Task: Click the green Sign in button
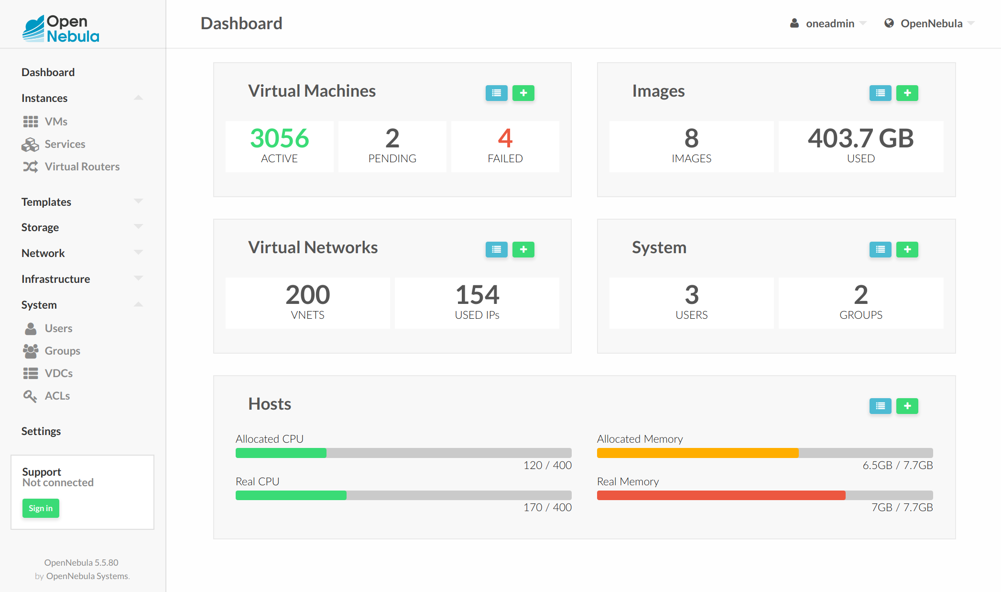point(41,508)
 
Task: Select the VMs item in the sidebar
point(55,122)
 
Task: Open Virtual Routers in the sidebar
point(82,167)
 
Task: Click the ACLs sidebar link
point(57,396)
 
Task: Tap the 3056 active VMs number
point(280,138)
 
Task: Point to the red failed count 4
point(505,138)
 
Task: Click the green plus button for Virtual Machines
point(523,93)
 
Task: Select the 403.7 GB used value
point(860,138)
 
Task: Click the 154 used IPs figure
point(477,295)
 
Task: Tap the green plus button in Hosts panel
point(907,406)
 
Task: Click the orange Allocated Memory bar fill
point(697,453)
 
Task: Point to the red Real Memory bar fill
point(721,495)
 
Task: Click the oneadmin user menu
point(829,23)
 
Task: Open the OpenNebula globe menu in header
point(930,23)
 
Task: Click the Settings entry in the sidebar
point(41,431)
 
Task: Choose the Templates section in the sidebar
point(46,202)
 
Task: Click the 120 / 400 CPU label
point(547,465)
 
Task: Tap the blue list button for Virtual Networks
point(496,249)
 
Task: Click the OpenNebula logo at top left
point(61,28)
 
